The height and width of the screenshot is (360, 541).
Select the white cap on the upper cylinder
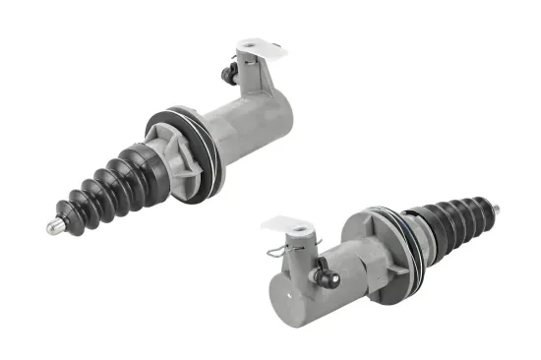click(x=255, y=49)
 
